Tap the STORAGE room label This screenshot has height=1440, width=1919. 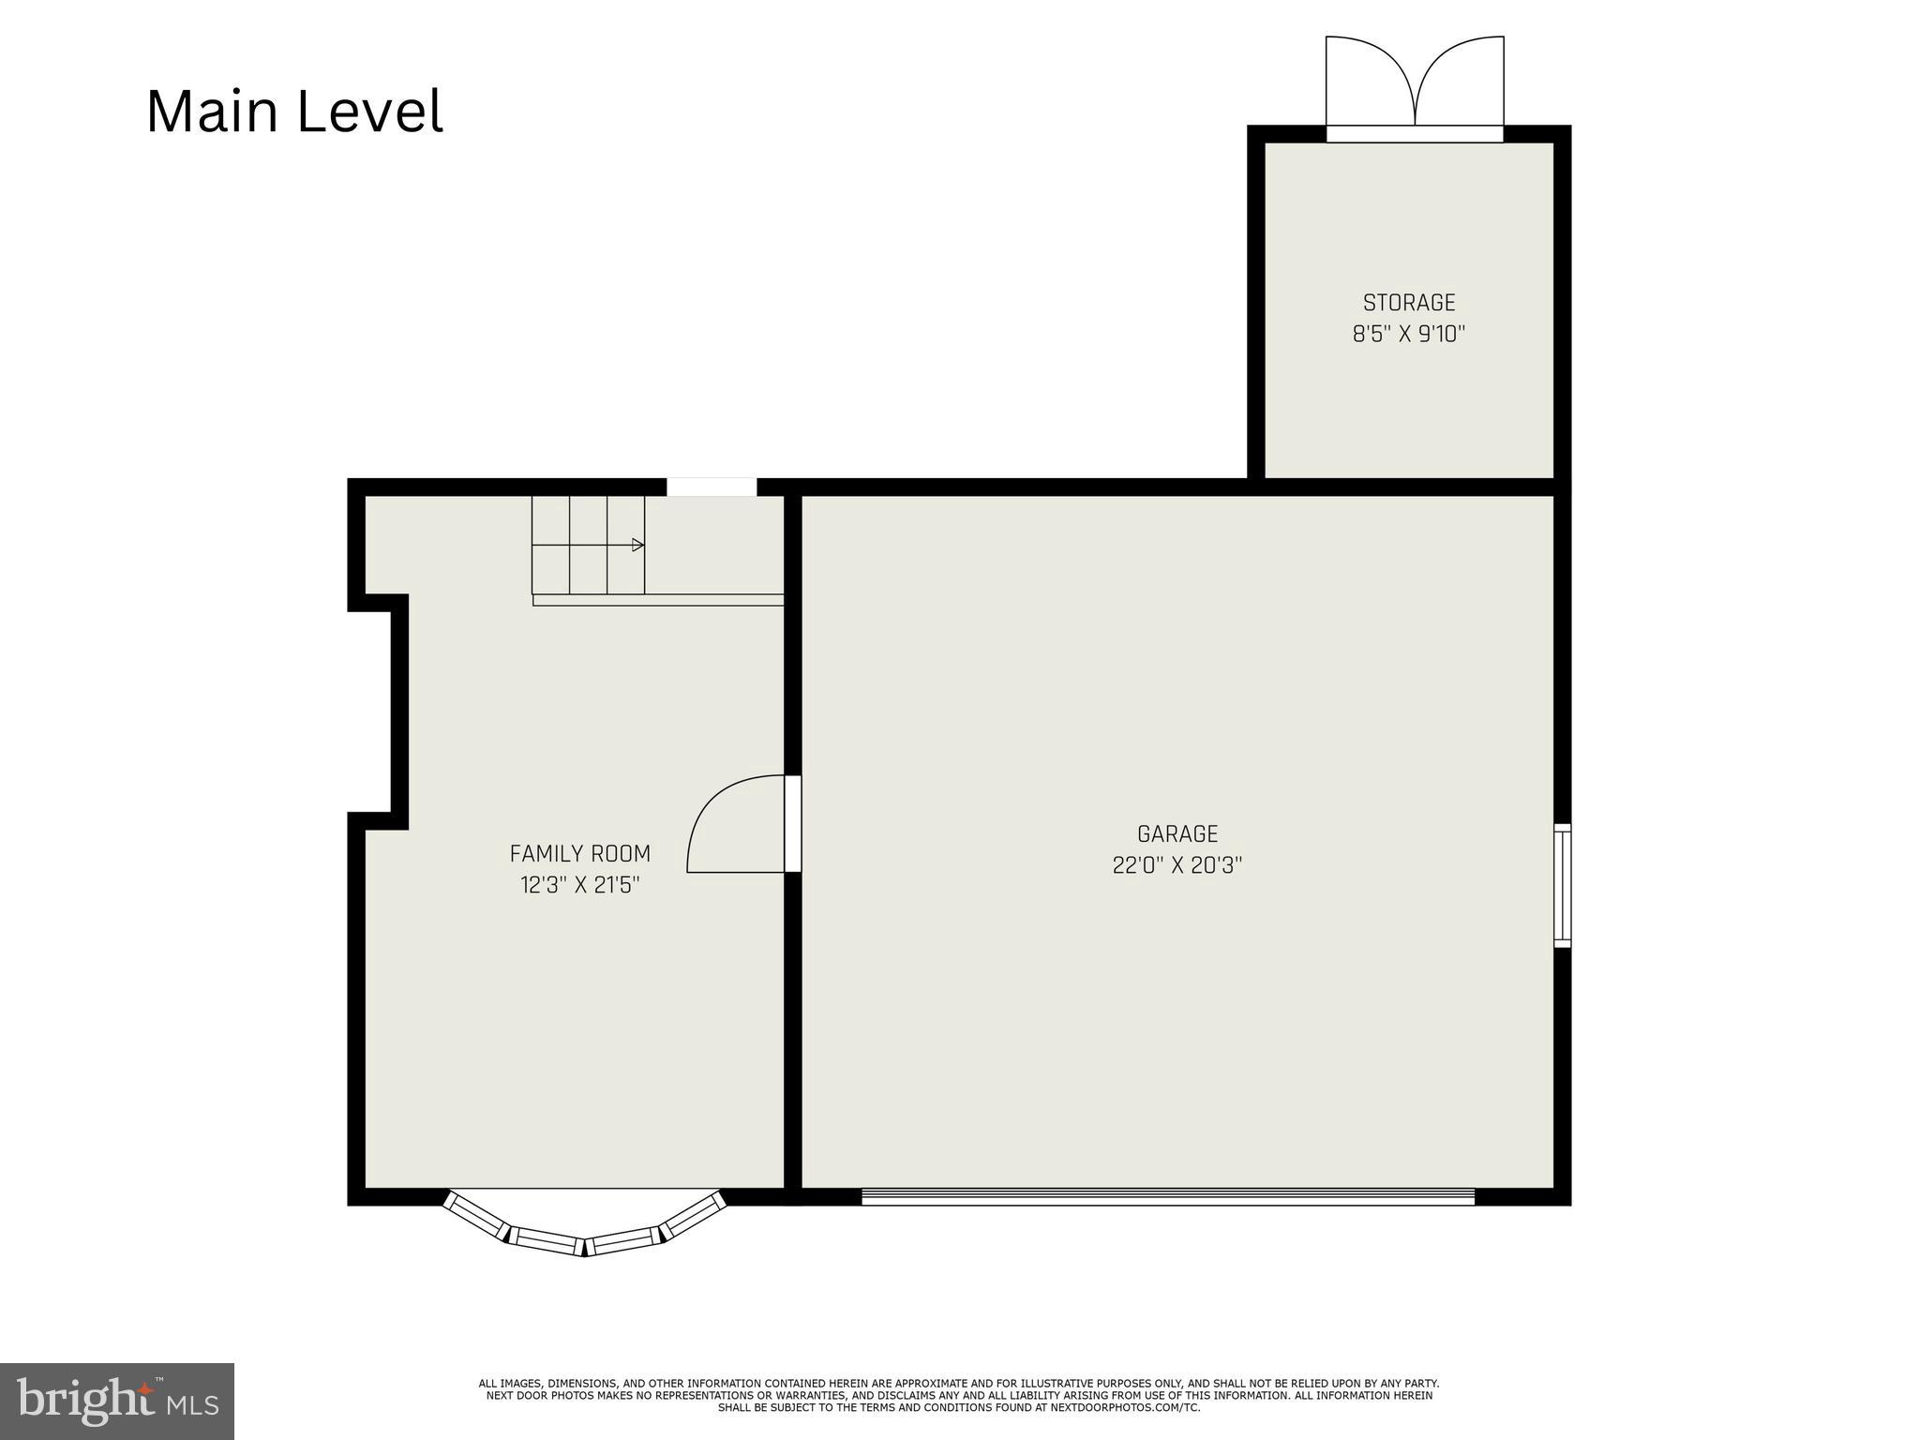coord(1408,303)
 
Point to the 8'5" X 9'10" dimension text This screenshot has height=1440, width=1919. coord(1408,334)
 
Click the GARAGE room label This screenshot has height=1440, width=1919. coord(1177,833)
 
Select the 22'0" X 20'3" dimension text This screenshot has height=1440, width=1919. coord(1177,864)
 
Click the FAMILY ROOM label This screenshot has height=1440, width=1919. coord(579,853)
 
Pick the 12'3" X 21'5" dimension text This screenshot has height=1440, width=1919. coord(579,884)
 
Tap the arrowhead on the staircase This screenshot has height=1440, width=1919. coord(638,545)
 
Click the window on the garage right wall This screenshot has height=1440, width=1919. coord(1562,885)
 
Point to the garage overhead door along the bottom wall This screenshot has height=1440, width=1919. coord(1167,1196)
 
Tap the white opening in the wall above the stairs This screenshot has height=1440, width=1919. coord(712,487)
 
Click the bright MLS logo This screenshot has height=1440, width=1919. coord(116,1401)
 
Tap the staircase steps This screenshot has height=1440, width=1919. coord(588,545)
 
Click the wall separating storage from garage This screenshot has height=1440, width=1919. coord(1406,487)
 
